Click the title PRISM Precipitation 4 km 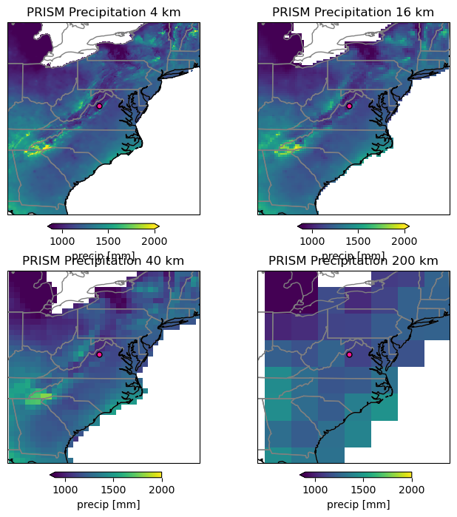pos(104,12)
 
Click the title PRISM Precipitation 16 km pos(353,12)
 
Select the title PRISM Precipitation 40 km pos(104,260)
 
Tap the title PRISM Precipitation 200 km pos(353,260)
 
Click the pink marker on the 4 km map pos(99,106)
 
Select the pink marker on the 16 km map pos(349,106)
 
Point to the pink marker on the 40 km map pos(99,354)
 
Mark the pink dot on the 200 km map pos(349,354)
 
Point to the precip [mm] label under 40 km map pos(108,504)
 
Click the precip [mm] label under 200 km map pos(358,504)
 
